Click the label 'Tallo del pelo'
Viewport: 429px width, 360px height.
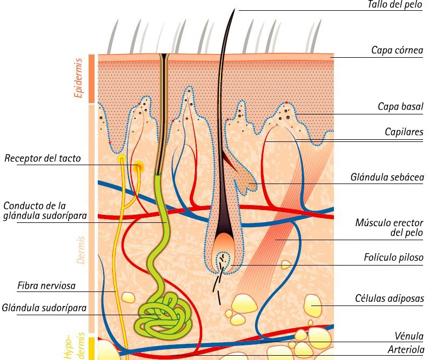pyautogui.click(x=395, y=5)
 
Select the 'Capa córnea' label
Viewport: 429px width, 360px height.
pyautogui.click(x=397, y=50)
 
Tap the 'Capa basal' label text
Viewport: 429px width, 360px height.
pyautogui.click(x=400, y=107)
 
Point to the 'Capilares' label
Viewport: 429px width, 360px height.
pyautogui.click(x=404, y=132)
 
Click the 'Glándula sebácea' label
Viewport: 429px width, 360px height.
pyautogui.click(x=386, y=177)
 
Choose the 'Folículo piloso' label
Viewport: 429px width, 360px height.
pyautogui.click(x=393, y=258)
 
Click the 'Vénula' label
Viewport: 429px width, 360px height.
pyautogui.click(x=410, y=336)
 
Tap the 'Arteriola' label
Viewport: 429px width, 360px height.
pyautogui.click(x=405, y=350)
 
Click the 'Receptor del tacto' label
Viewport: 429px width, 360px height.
pyautogui.click(x=43, y=159)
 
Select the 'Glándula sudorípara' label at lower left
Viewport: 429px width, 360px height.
pyautogui.click(x=44, y=308)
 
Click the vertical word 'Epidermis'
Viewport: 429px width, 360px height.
pyautogui.click(x=78, y=78)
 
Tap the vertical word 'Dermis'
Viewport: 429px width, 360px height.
pyautogui.click(x=81, y=249)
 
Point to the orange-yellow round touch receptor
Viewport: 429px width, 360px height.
pyautogui.click(x=139, y=166)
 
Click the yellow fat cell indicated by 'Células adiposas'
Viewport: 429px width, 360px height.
pyautogui.click(x=312, y=305)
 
